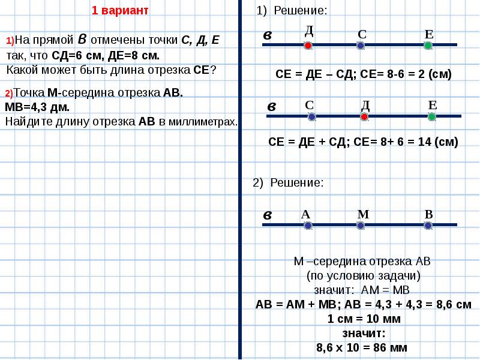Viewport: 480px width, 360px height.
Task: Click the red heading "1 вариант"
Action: point(120,11)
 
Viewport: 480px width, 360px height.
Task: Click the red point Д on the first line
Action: point(308,46)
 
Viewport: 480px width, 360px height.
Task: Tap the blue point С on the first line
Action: point(361,46)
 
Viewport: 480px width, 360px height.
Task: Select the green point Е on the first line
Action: point(428,46)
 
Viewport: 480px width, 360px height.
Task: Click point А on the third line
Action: point(308,226)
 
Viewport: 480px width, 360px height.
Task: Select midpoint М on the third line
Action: point(361,226)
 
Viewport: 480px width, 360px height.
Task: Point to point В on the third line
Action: point(428,226)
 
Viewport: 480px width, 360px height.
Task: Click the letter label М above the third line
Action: point(363,214)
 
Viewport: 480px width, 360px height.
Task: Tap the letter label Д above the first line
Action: point(309,30)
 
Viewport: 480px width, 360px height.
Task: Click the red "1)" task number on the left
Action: point(10,41)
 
